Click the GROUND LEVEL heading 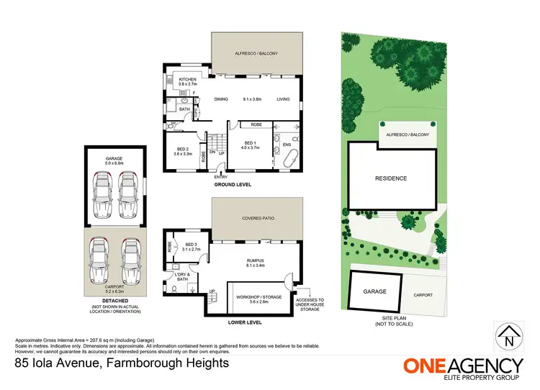point(232,186)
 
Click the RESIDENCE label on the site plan point(392,178)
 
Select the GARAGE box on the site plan point(374,291)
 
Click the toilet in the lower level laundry point(176,289)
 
